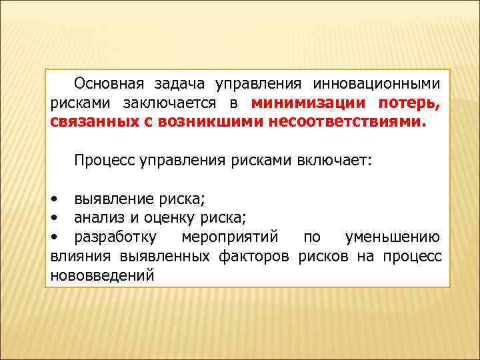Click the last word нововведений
pos(102,275)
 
